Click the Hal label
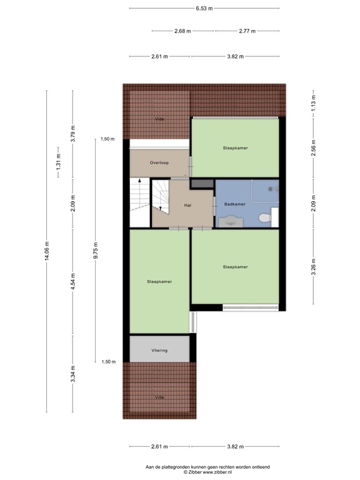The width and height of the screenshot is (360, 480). point(187,205)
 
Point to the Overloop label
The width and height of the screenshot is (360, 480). point(159,162)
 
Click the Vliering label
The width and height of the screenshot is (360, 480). point(159,350)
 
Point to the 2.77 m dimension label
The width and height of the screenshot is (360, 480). point(249,31)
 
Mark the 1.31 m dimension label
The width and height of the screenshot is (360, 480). point(59,163)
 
